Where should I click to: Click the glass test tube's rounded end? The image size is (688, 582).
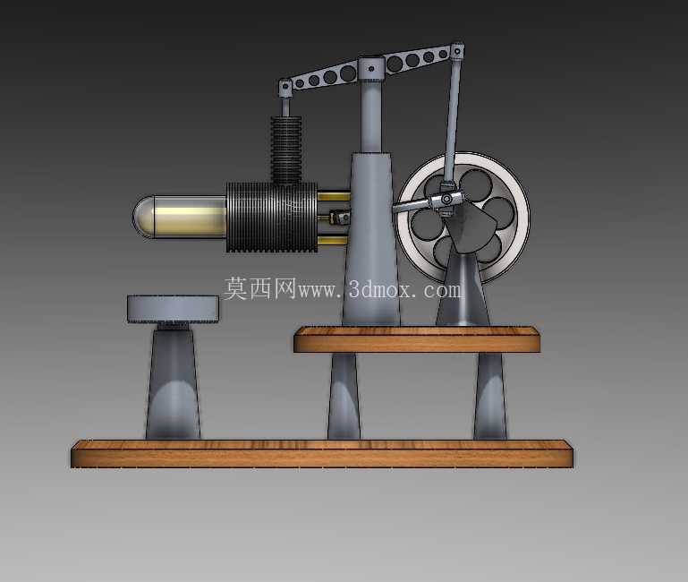point(143,217)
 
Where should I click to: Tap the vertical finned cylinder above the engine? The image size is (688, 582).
point(286,150)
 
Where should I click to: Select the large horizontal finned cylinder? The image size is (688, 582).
point(272,217)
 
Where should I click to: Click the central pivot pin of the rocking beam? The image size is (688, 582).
point(371,69)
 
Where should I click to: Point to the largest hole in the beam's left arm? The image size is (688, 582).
point(348,73)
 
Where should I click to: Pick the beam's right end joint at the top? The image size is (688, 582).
point(457,51)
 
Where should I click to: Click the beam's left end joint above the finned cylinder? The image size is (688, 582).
point(285,87)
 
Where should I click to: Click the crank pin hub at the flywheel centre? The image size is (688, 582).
point(446,200)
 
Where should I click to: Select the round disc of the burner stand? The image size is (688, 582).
point(173,309)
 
